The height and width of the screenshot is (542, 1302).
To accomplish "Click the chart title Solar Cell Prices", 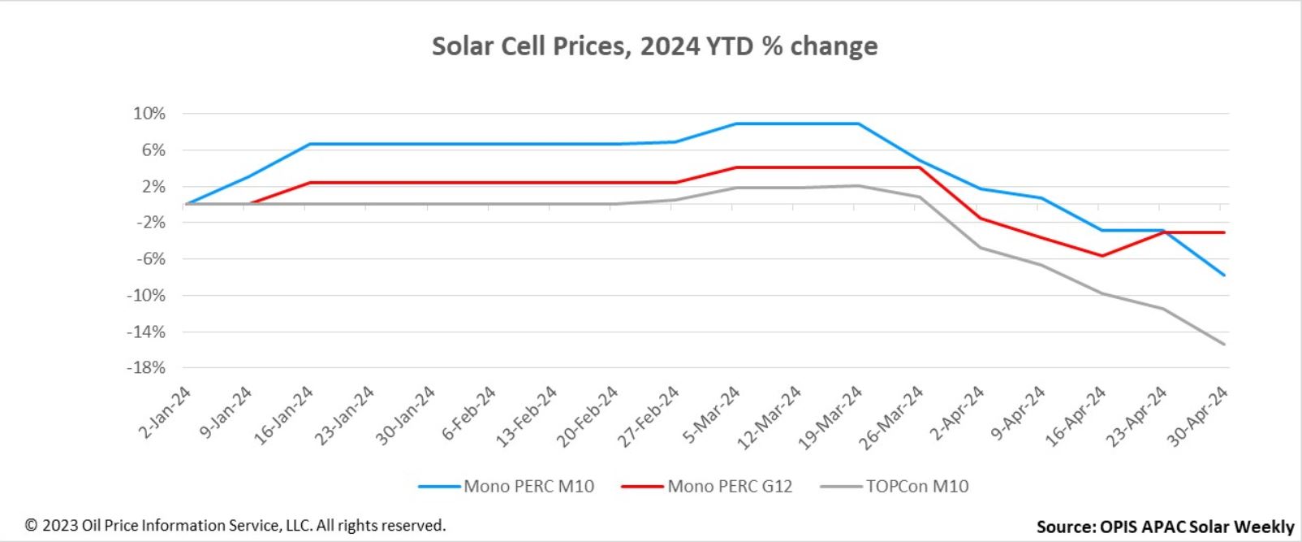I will point(654,46).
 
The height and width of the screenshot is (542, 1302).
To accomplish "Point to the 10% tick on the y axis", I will point(149,114).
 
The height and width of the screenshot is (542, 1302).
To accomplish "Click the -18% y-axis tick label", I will point(146,368).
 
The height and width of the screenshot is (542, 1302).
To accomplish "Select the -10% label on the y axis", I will point(146,296).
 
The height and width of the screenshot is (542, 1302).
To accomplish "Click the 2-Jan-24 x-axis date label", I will point(166,412).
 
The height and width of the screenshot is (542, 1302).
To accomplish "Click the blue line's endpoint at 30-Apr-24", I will point(1224,275).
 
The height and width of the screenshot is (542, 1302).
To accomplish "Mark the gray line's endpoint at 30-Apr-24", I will point(1224,344).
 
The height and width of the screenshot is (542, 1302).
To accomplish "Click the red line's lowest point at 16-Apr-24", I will point(1102,256).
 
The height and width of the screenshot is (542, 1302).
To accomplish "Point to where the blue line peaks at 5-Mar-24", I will point(735,124).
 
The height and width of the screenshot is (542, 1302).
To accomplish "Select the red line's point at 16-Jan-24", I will point(309,183).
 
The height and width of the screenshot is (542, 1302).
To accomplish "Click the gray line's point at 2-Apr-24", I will point(980,247).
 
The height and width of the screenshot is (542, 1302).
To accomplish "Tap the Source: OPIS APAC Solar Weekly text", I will point(1165,527).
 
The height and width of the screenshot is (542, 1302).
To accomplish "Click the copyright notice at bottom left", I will point(235,526).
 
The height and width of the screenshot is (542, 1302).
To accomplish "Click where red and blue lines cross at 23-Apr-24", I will point(1163,232).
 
